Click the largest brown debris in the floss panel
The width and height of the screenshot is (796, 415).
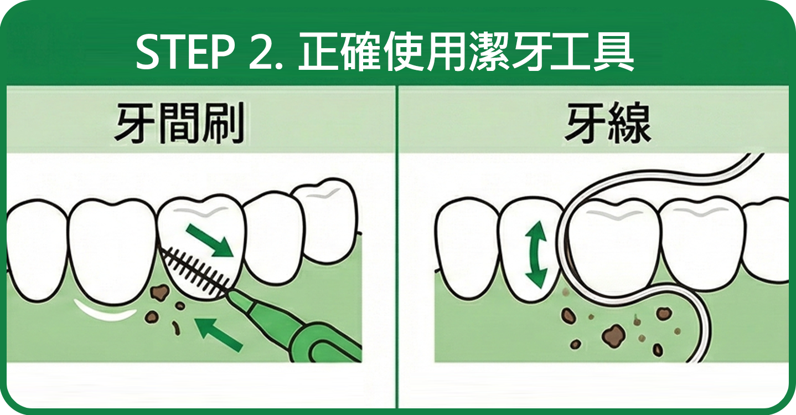(x=613, y=334)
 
